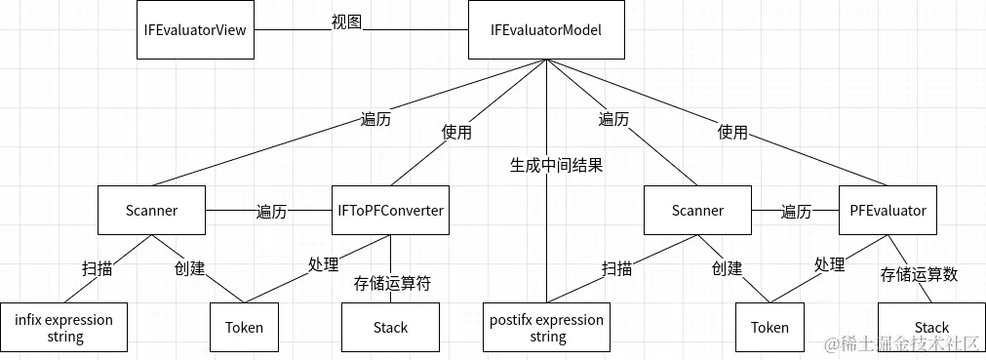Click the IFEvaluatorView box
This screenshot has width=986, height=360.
coord(195,30)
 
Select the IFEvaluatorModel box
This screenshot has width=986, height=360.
coord(546,30)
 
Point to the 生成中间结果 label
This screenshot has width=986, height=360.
coord(556,165)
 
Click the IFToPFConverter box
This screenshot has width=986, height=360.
coord(390,210)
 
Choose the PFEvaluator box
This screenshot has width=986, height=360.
coord(887,210)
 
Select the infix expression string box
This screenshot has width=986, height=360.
coord(64,328)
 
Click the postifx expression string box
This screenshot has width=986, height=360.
coord(547,328)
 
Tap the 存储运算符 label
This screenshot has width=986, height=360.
coord(392,283)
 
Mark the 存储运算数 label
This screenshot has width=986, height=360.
coord(919,274)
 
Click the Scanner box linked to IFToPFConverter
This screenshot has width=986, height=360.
coord(151,210)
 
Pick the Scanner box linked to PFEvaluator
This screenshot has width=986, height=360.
coord(697,210)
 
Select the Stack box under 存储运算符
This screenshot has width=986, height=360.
coord(390,328)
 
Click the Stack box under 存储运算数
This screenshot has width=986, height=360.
coord(930,327)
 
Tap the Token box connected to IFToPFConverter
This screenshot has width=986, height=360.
coord(244,328)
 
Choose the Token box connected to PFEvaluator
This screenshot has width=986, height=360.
coord(769,328)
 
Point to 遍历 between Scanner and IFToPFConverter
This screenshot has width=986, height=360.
coord(271,211)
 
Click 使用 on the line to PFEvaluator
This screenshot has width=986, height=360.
coord(732,132)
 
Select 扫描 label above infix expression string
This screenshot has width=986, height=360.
coord(97,267)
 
